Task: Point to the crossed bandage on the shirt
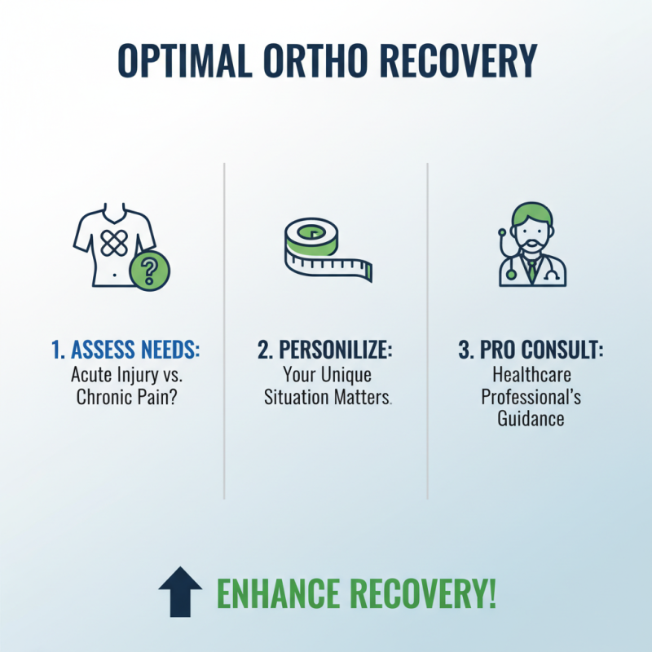(112, 243)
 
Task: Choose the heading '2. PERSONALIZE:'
(325, 351)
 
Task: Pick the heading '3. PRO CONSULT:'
(529, 351)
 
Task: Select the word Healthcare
(529, 376)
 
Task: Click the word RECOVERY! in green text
(425, 593)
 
